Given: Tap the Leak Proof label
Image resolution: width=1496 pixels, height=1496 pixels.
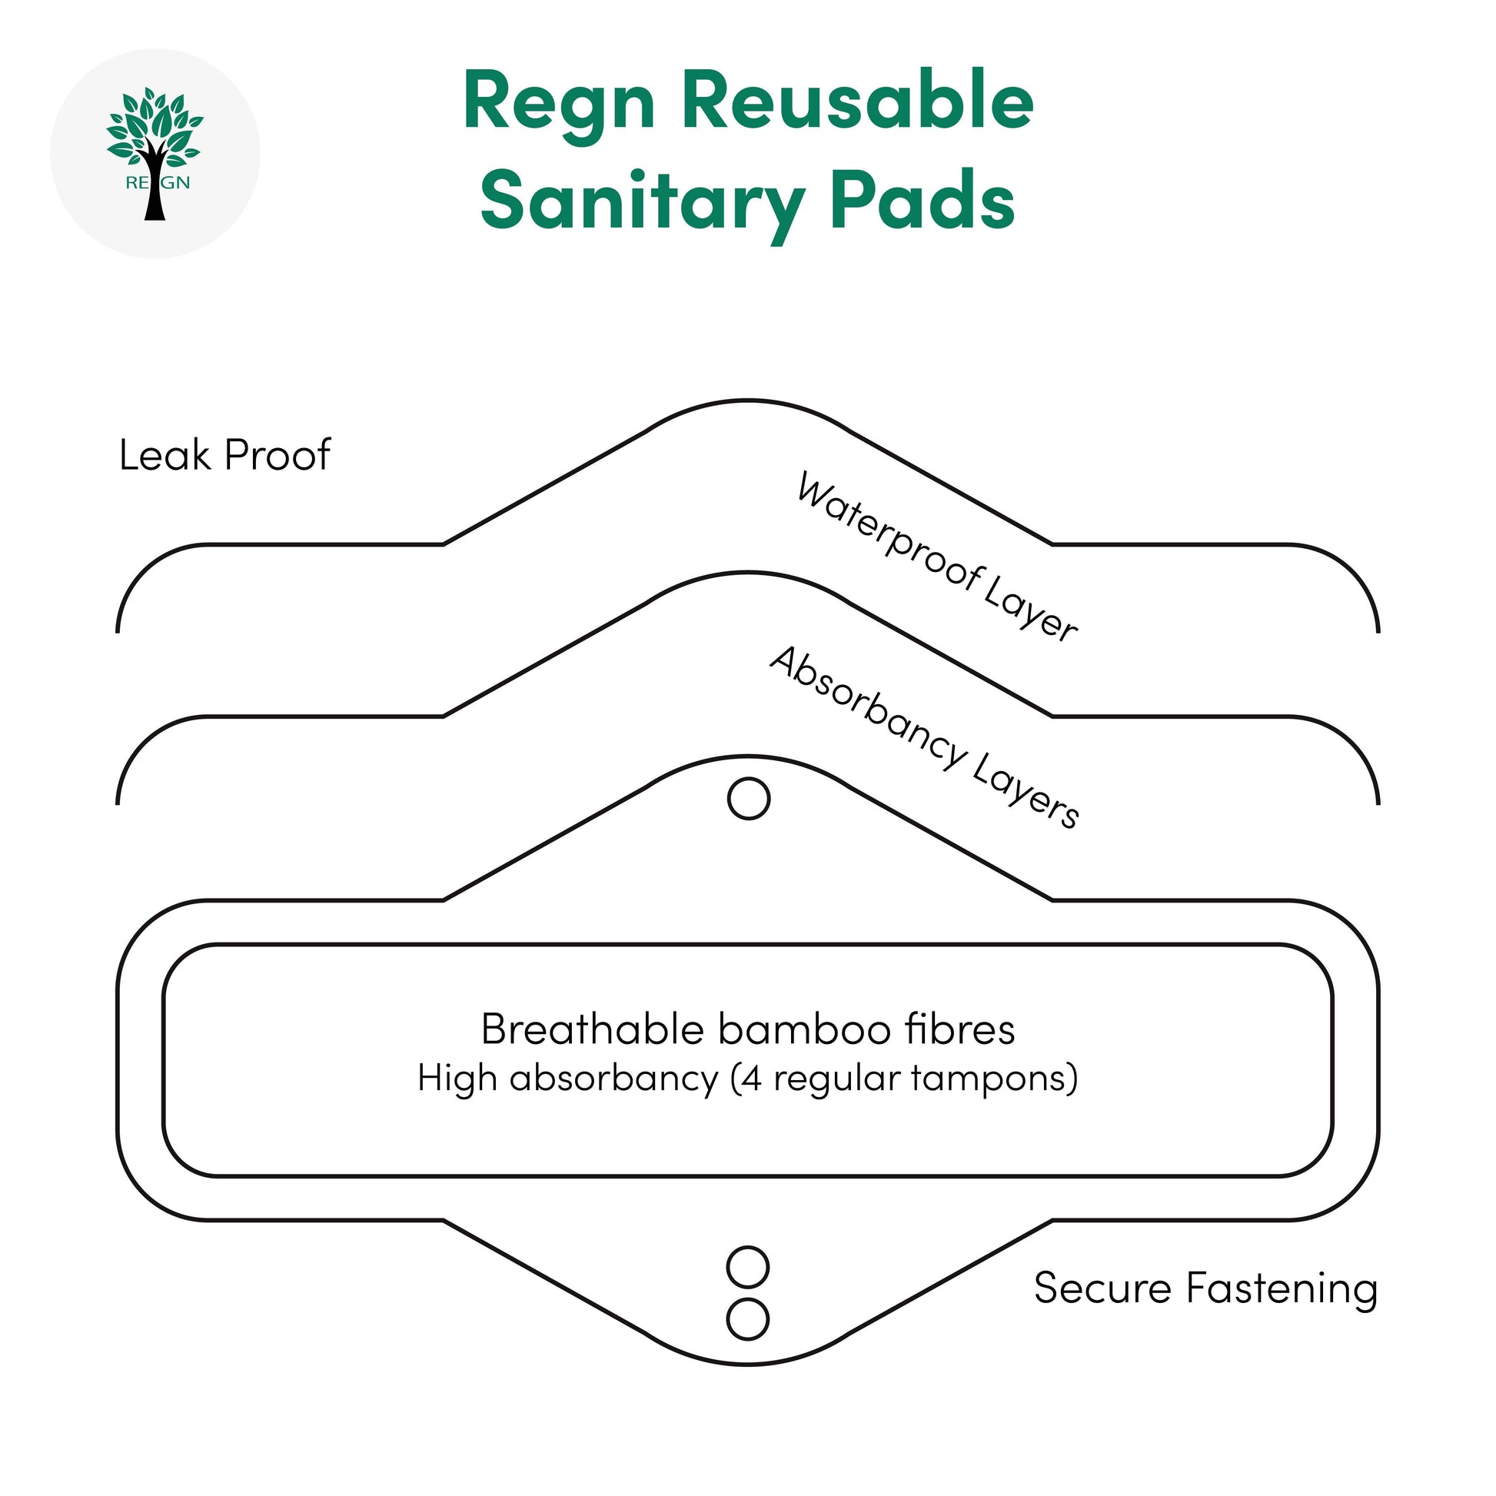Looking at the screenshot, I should click(x=224, y=454).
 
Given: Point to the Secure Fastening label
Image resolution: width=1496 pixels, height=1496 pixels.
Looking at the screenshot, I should click(x=1205, y=1288).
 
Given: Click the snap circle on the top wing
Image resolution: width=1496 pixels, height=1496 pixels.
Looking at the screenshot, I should click(x=749, y=798).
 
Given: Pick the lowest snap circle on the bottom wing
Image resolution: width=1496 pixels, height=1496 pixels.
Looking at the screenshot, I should click(x=748, y=1319).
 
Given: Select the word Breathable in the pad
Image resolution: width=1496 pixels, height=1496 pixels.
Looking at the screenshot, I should click(x=592, y=1029).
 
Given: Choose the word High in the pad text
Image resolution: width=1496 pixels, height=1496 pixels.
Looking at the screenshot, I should click(x=457, y=1078).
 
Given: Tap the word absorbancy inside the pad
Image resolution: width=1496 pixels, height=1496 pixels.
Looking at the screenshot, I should click(x=614, y=1078).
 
